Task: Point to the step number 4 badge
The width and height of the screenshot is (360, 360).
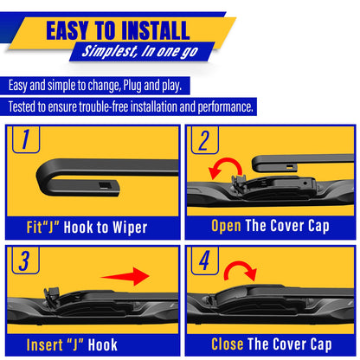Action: [x=204, y=262]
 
